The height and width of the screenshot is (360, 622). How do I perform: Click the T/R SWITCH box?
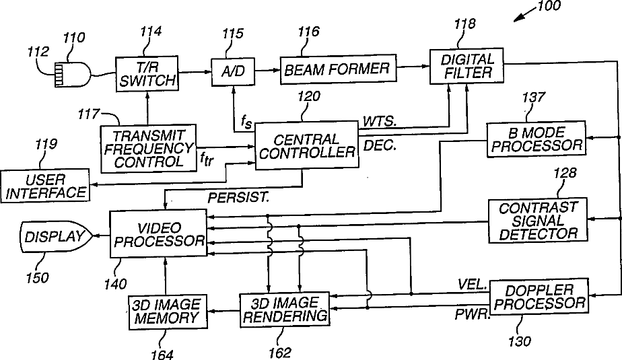click(147, 74)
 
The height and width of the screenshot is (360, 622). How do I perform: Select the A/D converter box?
click(233, 71)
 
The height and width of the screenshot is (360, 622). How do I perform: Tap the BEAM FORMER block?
click(338, 69)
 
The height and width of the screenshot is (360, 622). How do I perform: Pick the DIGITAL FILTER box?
click(466, 66)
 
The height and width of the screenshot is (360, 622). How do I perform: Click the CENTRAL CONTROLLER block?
click(306, 145)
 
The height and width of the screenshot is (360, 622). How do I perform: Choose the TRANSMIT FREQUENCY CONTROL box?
click(148, 149)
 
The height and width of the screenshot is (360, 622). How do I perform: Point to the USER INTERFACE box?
click(45, 186)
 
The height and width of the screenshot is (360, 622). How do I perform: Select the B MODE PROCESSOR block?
click(537, 139)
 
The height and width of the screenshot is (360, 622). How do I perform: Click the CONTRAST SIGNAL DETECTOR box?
click(538, 220)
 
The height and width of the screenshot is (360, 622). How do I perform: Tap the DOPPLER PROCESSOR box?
click(539, 297)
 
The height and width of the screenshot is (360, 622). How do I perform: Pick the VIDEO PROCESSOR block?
click(158, 234)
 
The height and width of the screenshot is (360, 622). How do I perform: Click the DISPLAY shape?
click(56, 236)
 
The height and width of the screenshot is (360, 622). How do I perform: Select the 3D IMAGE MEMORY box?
click(168, 312)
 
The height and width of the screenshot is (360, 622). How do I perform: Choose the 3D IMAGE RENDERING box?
click(285, 310)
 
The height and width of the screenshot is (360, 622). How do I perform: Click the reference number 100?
click(549, 6)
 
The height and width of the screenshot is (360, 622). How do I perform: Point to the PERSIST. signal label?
click(239, 197)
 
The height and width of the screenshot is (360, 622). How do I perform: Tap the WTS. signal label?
click(380, 121)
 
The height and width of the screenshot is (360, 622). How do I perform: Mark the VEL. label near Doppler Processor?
click(472, 284)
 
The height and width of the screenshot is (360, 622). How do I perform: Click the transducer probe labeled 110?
click(72, 74)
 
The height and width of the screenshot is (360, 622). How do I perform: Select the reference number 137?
click(534, 97)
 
